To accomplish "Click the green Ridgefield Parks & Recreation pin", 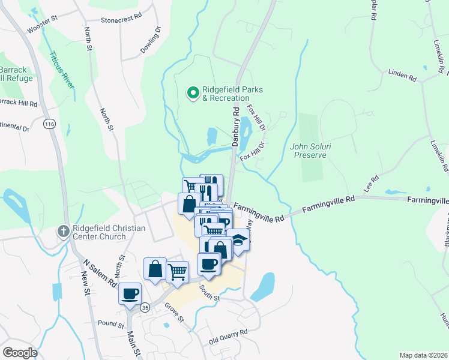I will (x=193, y=92).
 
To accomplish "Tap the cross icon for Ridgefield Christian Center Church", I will (x=64, y=231).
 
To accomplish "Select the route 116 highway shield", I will (x=49, y=124).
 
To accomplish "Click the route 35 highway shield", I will (x=145, y=307).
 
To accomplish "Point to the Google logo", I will (x=20, y=352).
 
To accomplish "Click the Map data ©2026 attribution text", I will (x=423, y=355).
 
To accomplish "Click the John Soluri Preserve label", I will (x=309, y=150).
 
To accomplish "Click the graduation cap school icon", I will (x=238, y=239).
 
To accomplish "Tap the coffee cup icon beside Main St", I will (x=130, y=293).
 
